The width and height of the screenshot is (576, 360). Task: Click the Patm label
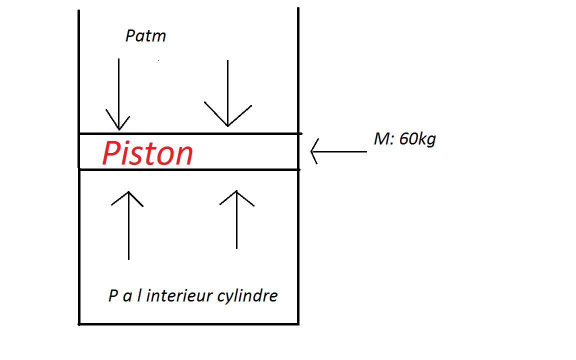click(x=145, y=36)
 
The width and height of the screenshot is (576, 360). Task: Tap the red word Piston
click(x=147, y=153)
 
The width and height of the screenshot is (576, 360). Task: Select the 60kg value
click(x=417, y=139)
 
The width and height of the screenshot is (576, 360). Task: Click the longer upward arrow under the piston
click(x=128, y=225)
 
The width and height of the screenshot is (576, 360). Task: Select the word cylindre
click(x=247, y=296)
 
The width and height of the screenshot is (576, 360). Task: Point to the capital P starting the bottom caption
click(x=113, y=295)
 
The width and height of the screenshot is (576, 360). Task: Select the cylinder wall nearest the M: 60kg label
click(x=298, y=240)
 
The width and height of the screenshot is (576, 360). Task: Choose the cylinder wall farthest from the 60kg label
click(x=79, y=240)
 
